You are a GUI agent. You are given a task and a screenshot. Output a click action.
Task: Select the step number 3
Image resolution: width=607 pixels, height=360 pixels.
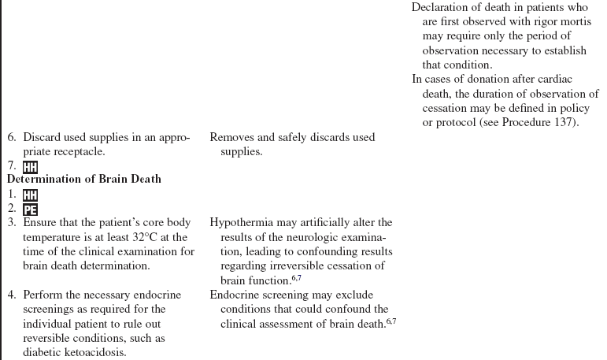pos(11,223)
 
